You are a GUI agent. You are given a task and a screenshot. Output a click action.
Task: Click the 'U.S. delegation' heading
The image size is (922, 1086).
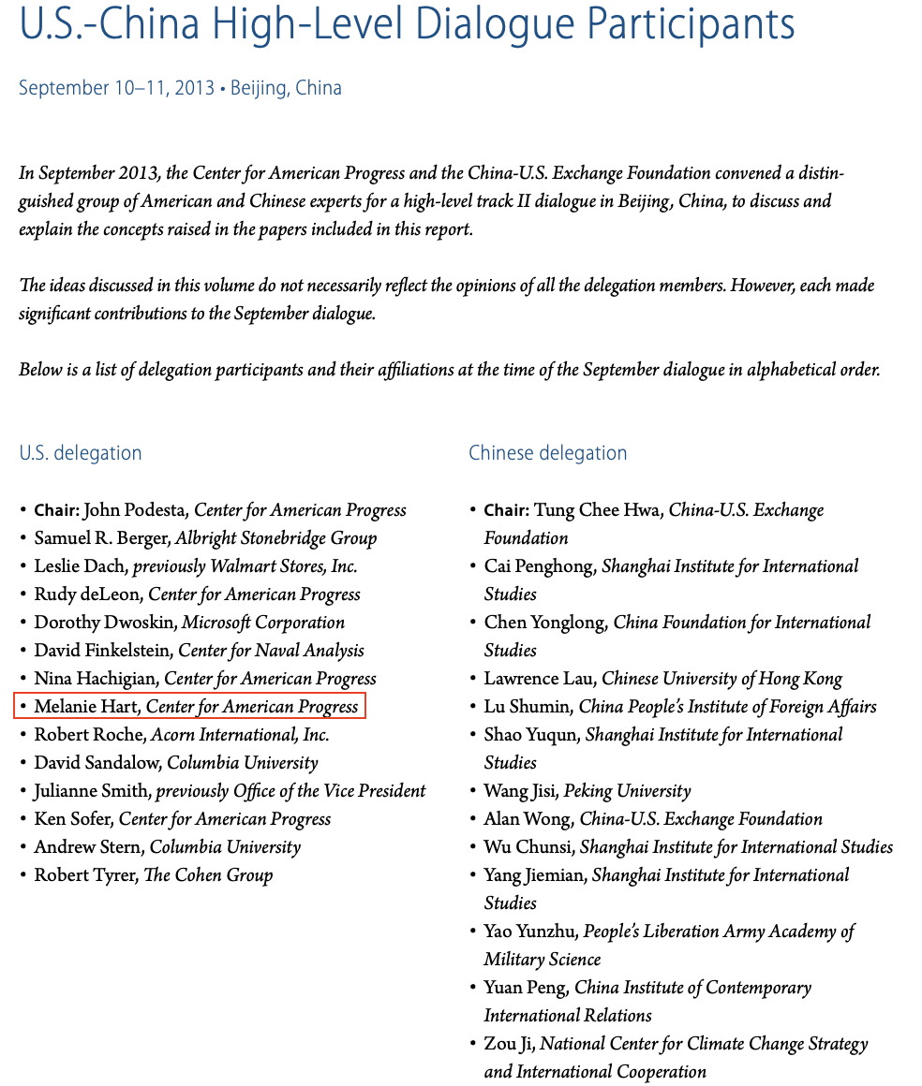[81, 453]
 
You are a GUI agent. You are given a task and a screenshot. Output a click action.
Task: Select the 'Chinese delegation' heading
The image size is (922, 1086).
[547, 453]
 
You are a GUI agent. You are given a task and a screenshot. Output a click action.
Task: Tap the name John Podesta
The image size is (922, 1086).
[135, 510]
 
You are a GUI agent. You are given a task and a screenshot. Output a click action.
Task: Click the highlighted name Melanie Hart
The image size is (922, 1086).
[85, 706]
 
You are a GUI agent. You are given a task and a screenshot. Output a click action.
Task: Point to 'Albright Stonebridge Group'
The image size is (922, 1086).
[275, 538]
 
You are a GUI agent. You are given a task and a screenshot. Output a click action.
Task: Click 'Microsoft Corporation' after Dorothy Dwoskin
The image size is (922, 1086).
[262, 623]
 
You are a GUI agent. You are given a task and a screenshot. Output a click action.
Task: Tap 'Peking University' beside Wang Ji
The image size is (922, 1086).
[627, 791]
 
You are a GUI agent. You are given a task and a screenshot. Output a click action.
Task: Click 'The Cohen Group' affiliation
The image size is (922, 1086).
[208, 875]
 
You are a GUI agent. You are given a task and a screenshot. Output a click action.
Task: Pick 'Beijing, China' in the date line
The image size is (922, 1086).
[286, 88]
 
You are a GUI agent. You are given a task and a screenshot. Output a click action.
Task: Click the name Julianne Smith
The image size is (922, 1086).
[91, 791]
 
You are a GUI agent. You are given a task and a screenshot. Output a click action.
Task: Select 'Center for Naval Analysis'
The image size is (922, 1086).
[271, 651]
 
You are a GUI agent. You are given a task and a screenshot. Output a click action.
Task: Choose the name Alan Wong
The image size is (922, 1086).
[528, 819]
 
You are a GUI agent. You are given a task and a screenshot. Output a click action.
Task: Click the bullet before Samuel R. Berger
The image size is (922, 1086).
[23, 538]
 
